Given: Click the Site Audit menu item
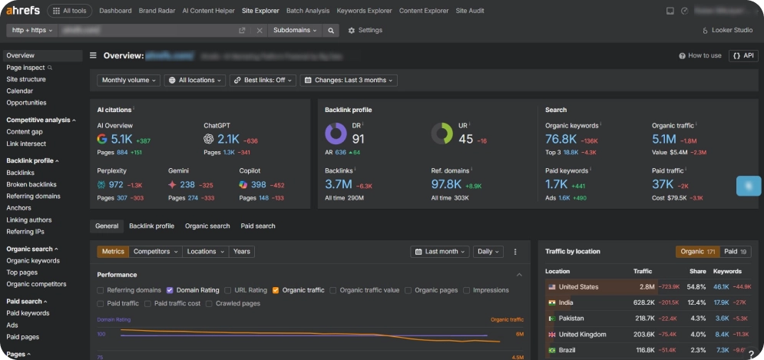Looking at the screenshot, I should [471, 11].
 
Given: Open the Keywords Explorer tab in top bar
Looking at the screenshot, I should [363, 11].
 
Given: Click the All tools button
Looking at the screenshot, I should [70, 11].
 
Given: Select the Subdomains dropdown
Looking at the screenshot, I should [295, 30].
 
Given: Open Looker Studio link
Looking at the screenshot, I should [727, 30].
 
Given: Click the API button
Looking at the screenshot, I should [743, 55].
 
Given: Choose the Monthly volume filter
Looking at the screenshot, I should [129, 80].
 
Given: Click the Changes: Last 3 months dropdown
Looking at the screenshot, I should [349, 80].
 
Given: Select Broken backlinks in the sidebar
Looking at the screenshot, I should [31, 184].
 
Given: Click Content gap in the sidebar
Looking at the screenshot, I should [25, 132].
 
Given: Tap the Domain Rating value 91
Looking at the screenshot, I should [359, 139].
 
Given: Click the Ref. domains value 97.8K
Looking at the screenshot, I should [446, 184].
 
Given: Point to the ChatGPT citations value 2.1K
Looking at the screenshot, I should [228, 139].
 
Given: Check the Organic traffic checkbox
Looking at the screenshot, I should [276, 290].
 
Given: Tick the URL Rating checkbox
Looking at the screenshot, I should [227, 290].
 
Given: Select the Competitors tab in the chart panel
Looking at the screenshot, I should [156, 251].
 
